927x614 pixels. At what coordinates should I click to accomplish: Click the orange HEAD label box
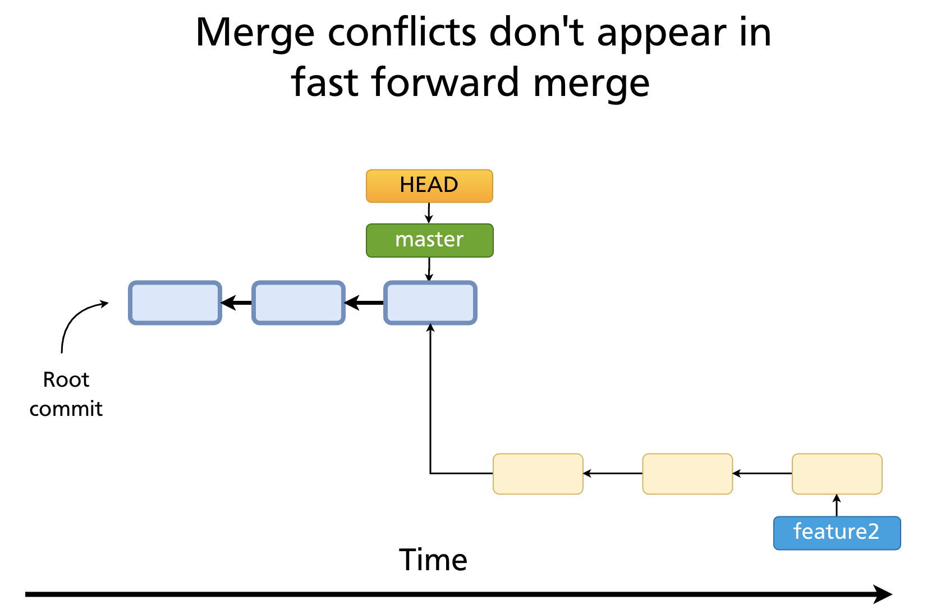tap(429, 186)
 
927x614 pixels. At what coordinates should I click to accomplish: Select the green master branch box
tap(429, 240)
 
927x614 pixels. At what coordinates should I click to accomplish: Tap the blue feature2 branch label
tap(837, 533)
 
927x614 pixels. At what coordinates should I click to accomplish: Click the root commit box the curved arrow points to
tap(175, 303)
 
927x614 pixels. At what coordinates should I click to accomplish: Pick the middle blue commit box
tap(298, 303)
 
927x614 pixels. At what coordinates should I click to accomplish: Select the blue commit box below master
tap(430, 303)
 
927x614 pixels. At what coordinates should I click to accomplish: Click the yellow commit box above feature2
tap(837, 474)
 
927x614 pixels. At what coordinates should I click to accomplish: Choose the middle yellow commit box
tap(687, 474)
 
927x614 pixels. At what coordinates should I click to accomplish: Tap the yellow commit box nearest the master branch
tap(538, 474)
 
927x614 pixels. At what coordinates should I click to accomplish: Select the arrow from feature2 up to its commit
tap(837, 505)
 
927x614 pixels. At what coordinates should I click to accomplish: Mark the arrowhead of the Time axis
tap(884, 594)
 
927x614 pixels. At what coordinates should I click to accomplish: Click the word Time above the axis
tap(433, 560)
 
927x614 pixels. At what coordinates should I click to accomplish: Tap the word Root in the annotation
tap(66, 380)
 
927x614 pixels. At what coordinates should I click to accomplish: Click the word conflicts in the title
tap(402, 33)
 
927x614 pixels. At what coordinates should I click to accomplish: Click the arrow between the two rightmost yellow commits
tap(762, 474)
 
